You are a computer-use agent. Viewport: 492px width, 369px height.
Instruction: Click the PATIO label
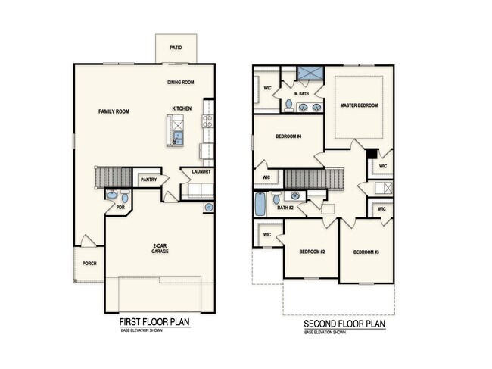175,47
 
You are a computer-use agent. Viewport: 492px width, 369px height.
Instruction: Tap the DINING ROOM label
182,82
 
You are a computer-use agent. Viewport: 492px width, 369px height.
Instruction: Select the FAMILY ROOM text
114,111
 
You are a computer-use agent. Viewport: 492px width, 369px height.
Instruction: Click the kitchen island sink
178,137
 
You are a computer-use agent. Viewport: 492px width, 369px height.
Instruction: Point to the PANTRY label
148,180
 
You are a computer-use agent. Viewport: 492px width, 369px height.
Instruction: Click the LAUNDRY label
201,171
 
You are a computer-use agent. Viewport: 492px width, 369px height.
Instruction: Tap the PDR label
120,207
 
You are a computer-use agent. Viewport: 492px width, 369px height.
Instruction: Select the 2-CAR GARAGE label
159,248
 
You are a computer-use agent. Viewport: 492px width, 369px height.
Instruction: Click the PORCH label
89,263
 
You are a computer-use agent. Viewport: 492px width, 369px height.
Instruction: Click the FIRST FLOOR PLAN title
154,322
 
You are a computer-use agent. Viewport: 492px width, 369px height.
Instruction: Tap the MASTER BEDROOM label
359,105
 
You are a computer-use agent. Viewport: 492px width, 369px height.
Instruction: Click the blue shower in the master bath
308,73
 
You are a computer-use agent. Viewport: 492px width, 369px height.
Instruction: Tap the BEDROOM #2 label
311,252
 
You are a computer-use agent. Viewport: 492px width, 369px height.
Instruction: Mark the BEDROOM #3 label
366,252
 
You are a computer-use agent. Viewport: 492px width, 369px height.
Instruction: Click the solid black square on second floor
371,152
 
